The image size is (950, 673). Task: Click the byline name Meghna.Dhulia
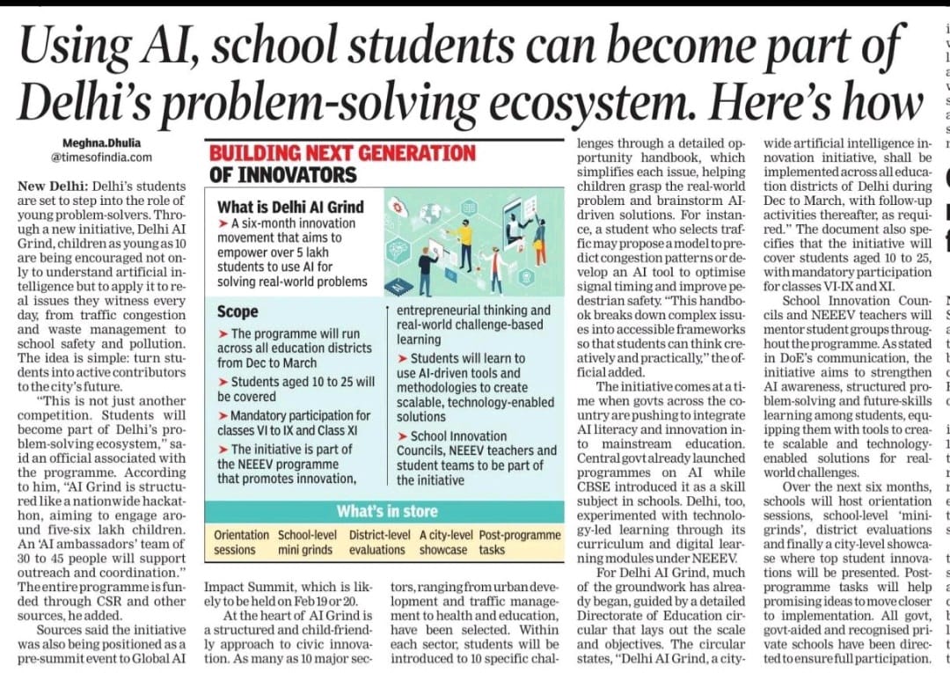[x=100, y=143]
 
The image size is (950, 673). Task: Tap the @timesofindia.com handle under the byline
[x=100, y=157]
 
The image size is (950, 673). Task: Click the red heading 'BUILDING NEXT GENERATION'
[x=342, y=152]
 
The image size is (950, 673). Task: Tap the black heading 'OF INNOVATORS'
[x=282, y=174]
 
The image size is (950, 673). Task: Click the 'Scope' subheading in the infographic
[x=237, y=311]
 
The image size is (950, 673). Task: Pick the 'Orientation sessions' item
[x=242, y=542]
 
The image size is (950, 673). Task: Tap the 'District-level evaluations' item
[x=380, y=542]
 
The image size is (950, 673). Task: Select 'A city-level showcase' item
[x=445, y=542]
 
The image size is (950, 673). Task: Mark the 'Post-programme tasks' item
[x=519, y=542]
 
